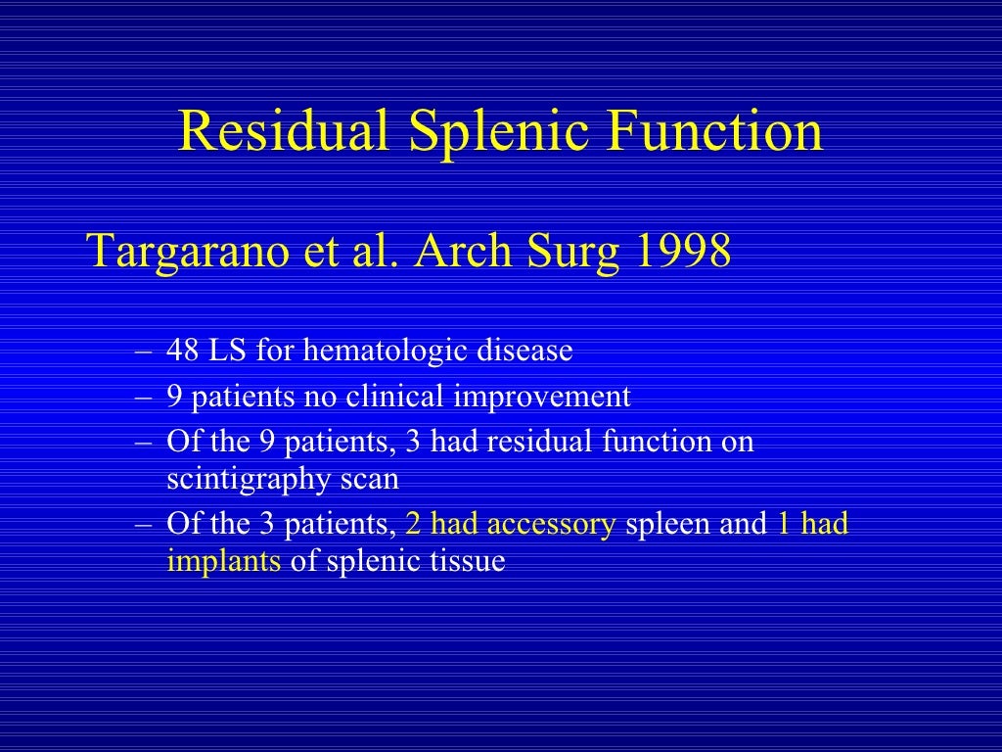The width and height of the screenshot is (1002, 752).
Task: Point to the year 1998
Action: click(683, 252)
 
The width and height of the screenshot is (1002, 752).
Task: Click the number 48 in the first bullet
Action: click(183, 351)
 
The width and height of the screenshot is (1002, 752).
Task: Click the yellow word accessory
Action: click(551, 525)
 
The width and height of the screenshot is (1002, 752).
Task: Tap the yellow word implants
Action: click(224, 563)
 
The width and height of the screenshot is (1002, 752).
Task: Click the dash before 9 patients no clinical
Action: click(145, 398)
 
